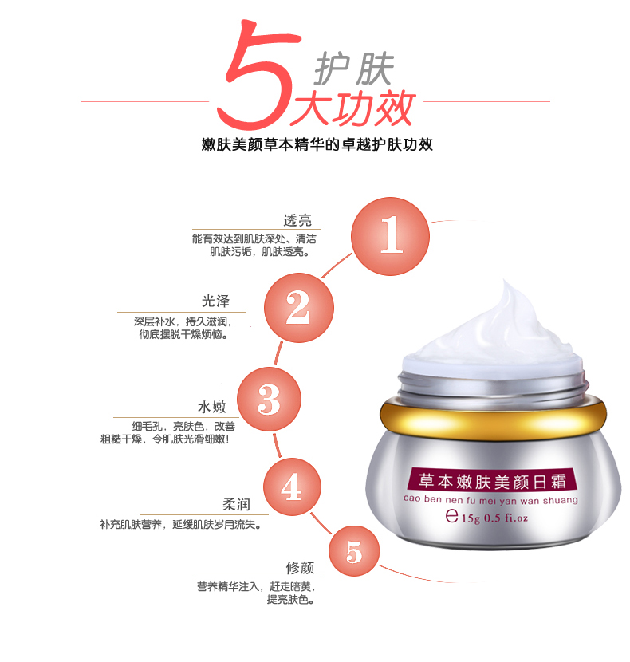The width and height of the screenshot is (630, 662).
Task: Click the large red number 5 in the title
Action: pos(258,76)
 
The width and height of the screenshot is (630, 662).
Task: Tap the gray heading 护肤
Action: pos(354,69)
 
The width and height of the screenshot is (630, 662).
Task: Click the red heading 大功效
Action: pos(352,108)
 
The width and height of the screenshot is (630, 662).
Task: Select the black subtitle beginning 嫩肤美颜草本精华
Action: pos(317,145)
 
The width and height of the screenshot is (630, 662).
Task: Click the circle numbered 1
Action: pos(390,236)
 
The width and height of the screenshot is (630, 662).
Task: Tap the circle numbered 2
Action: pos(299,307)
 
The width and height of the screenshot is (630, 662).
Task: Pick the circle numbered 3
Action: pos(269,399)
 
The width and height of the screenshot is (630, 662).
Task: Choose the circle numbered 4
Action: pos(292,487)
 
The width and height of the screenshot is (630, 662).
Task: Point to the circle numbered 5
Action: pos(354,551)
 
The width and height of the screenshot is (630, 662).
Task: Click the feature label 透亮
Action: pos(297,220)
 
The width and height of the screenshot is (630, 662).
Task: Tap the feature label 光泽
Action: pos(215,301)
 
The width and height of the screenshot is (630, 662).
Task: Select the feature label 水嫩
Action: pos(211,407)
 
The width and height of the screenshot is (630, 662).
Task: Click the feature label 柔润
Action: pos(237,504)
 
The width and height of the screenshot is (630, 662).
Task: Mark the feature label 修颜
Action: pos(300,568)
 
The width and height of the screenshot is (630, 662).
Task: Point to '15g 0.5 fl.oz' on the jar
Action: pos(494,518)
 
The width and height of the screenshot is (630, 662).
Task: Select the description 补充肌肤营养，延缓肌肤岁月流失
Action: pos(181,524)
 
